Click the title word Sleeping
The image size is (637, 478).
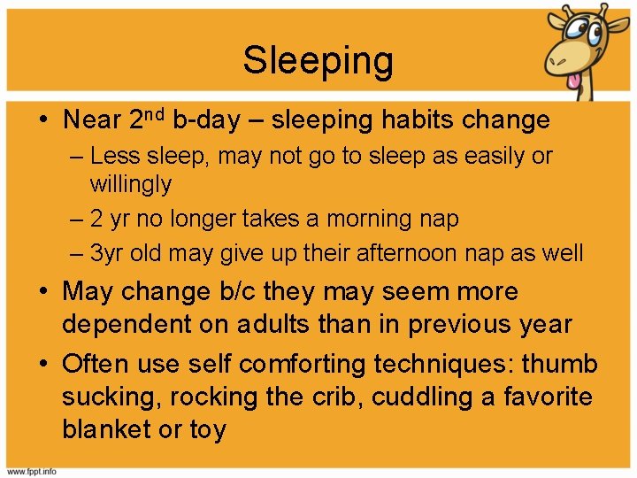(x=318, y=60)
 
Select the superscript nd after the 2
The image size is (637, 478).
(x=158, y=114)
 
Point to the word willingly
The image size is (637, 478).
(x=131, y=185)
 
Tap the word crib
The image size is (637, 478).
(x=337, y=397)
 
